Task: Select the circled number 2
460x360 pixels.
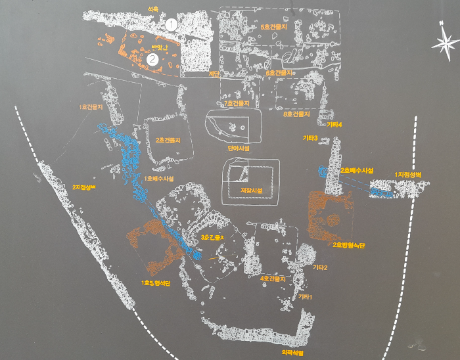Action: click(x=153, y=58)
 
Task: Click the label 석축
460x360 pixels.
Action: click(x=154, y=9)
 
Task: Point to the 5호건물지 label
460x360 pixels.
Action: click(x=275, y=27)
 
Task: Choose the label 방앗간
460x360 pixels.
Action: click(x=160, y=47)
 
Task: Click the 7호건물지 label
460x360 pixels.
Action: click(x=237, y=103)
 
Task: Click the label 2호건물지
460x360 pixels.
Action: click(x=168, y=140)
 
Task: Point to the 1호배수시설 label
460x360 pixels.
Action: click(x=158, y=178)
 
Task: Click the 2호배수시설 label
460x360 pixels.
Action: click(x=357, y=170)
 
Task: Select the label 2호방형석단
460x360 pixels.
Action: click(x=349, y=245)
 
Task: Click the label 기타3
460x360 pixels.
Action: click(x=310, y=138)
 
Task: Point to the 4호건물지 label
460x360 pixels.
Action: click(x=272, y=279)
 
